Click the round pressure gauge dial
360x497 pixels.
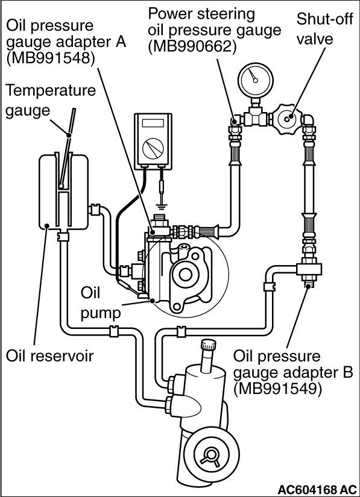[x=256, y=80]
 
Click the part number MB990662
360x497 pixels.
[x=192, y=46]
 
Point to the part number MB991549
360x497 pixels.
[x=278, y=389]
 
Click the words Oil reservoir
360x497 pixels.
[x=50, y=355]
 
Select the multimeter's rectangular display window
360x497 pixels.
[x=153, y=123]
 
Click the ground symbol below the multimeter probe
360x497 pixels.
[x=162, y=208]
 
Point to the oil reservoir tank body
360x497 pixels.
[x=63, y=192]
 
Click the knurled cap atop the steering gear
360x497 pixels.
[x=209, y=344]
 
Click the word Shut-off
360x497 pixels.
[x=324, y=19]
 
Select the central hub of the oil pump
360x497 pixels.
[x=185, y=275]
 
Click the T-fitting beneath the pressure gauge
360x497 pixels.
[x=256, y=116]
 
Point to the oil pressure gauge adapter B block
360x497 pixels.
[x=309, y=269]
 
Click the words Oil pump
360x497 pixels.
[x=101, y=302]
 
